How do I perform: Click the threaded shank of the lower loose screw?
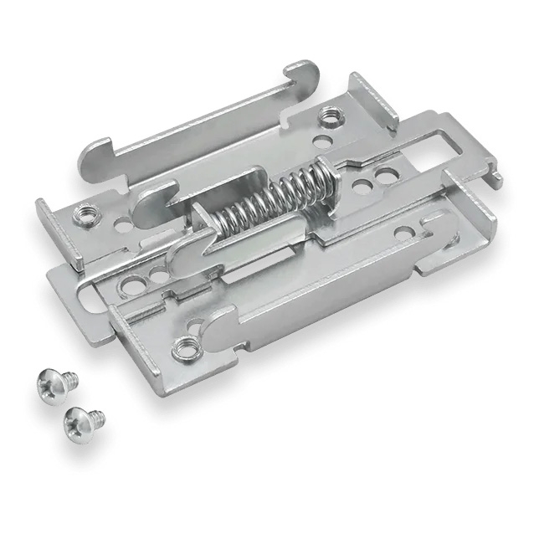click(x=96, y=414)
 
